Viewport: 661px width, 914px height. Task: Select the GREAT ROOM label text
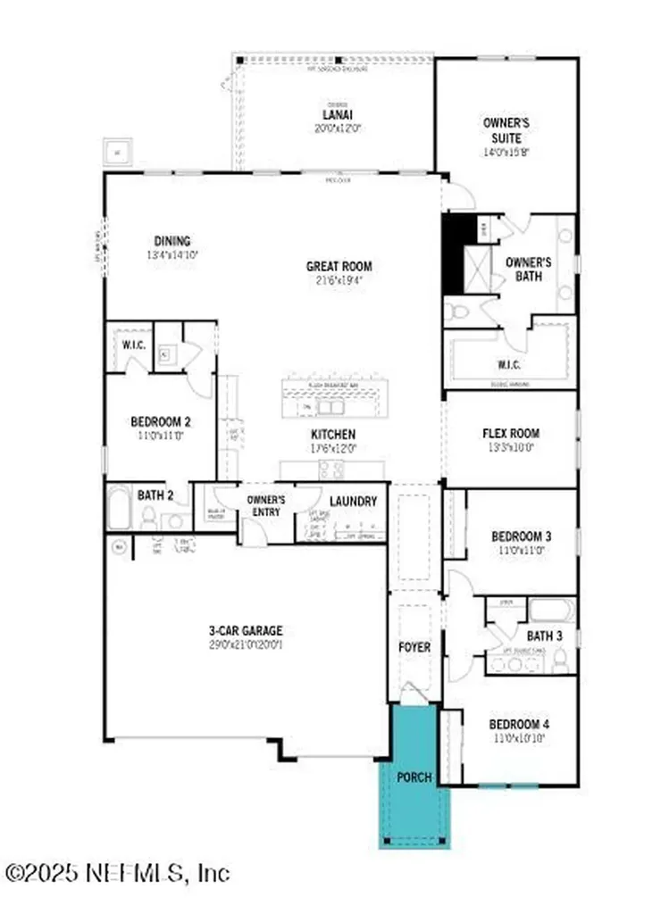[x=339, y=266]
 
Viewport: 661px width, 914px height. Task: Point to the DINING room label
[x=172, y=241]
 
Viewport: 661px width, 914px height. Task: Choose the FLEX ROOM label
[x=511, y=434]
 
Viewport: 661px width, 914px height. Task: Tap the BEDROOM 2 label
[x=161, y=422]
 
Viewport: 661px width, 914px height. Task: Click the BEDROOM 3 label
[x=521, y=536]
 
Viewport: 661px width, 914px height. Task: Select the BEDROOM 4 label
[x=517, y=724]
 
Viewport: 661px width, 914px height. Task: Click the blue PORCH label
[x=414, y=777]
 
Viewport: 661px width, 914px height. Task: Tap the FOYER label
[x=414, y=646]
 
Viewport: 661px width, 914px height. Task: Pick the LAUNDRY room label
[x=353, y=502]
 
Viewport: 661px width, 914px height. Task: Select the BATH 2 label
[x=155, y=494]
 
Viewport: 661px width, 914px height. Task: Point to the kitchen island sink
[x=331, y=409]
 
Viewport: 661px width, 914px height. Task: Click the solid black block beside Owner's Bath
[x=454, y=253]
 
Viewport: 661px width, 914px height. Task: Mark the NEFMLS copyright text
[x=117, y=871]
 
